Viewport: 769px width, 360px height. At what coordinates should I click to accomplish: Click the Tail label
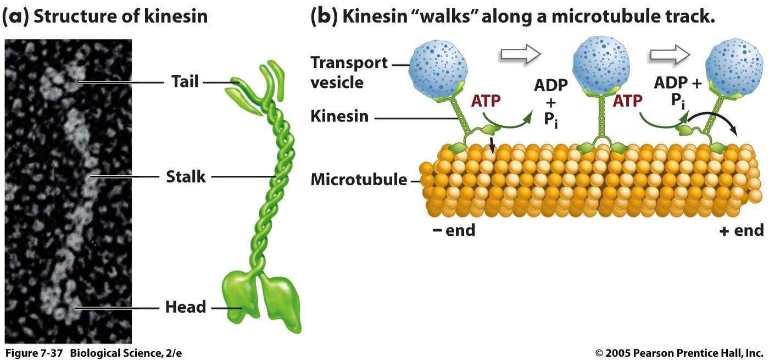click(x=184, y=82)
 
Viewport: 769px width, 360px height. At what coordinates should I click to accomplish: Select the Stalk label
click(x=186, y=177)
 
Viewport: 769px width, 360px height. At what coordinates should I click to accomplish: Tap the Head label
click(x=186, y=307)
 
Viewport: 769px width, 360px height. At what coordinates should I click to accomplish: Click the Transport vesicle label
click(x=349, y=73)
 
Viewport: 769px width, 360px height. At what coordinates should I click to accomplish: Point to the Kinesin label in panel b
click(x=339, y=117)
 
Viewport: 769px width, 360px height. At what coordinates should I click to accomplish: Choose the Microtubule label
click(x=359, y=180)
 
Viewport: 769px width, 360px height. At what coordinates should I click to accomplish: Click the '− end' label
click(x=453, y=230)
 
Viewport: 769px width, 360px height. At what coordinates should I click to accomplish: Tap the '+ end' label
click(x=741, y=230)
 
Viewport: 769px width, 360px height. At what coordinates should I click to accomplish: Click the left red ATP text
click(x=489, y=101)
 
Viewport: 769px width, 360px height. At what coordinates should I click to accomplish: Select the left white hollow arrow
click(x=520, y=54)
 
